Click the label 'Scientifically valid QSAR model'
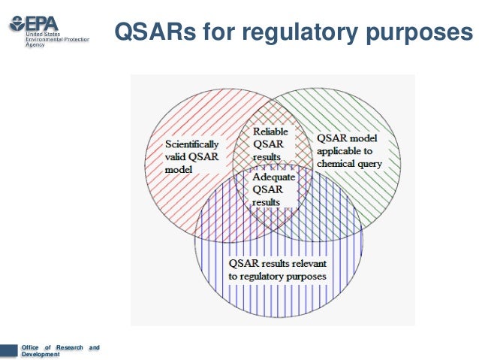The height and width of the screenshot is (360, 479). tap(192, 156)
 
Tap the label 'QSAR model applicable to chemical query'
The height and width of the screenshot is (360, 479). tap(349, 150)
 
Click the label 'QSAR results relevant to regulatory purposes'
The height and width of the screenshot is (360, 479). tap(279, 271)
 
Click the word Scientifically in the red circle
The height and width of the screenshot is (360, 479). tap(192, 143)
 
